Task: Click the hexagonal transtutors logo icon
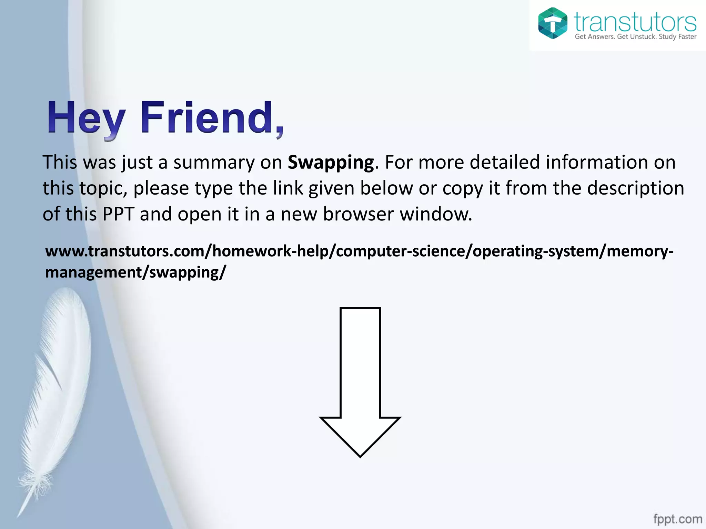tap(553, 23)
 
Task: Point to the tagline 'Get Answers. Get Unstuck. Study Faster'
tap(635, 37)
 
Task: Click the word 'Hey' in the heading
tap(86, 118)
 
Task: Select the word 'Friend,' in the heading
tap(212, 118)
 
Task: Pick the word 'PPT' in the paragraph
tap(118, 214)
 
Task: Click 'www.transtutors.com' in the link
tap(124, 251)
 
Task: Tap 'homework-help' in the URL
tap(270, 251)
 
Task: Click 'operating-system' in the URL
tap(535, 251)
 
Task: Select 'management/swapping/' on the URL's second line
tap(135, 272)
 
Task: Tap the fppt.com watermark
tap(677, 519)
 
